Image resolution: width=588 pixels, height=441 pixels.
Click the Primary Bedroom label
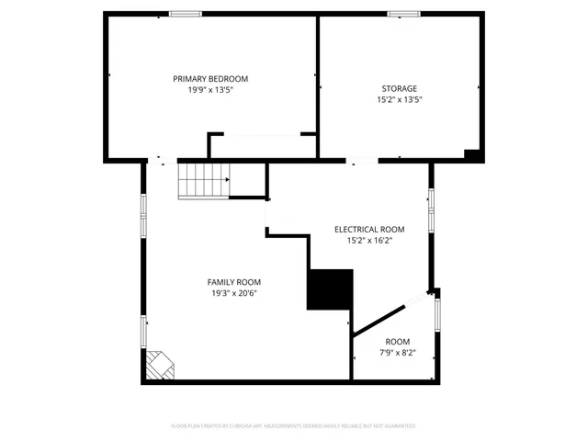210,79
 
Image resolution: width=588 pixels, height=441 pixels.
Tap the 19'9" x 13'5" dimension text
210,90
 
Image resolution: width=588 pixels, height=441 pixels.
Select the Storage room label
400,88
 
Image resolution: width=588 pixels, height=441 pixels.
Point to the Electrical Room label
369,230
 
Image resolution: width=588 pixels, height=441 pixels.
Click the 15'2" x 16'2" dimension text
369,241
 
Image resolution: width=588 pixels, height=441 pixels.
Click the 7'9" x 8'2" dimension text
398,352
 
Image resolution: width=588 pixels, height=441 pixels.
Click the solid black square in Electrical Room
330,290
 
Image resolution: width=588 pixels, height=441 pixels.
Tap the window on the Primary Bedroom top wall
186,14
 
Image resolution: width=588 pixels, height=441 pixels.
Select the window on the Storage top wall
402,14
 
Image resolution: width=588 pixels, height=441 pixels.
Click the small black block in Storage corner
473,155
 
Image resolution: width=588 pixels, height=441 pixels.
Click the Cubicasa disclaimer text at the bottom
294,426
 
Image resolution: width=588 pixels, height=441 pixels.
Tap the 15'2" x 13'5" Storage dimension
400,99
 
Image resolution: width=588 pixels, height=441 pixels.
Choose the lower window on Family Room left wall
143,331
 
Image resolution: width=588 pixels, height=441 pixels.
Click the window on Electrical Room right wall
430,200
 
